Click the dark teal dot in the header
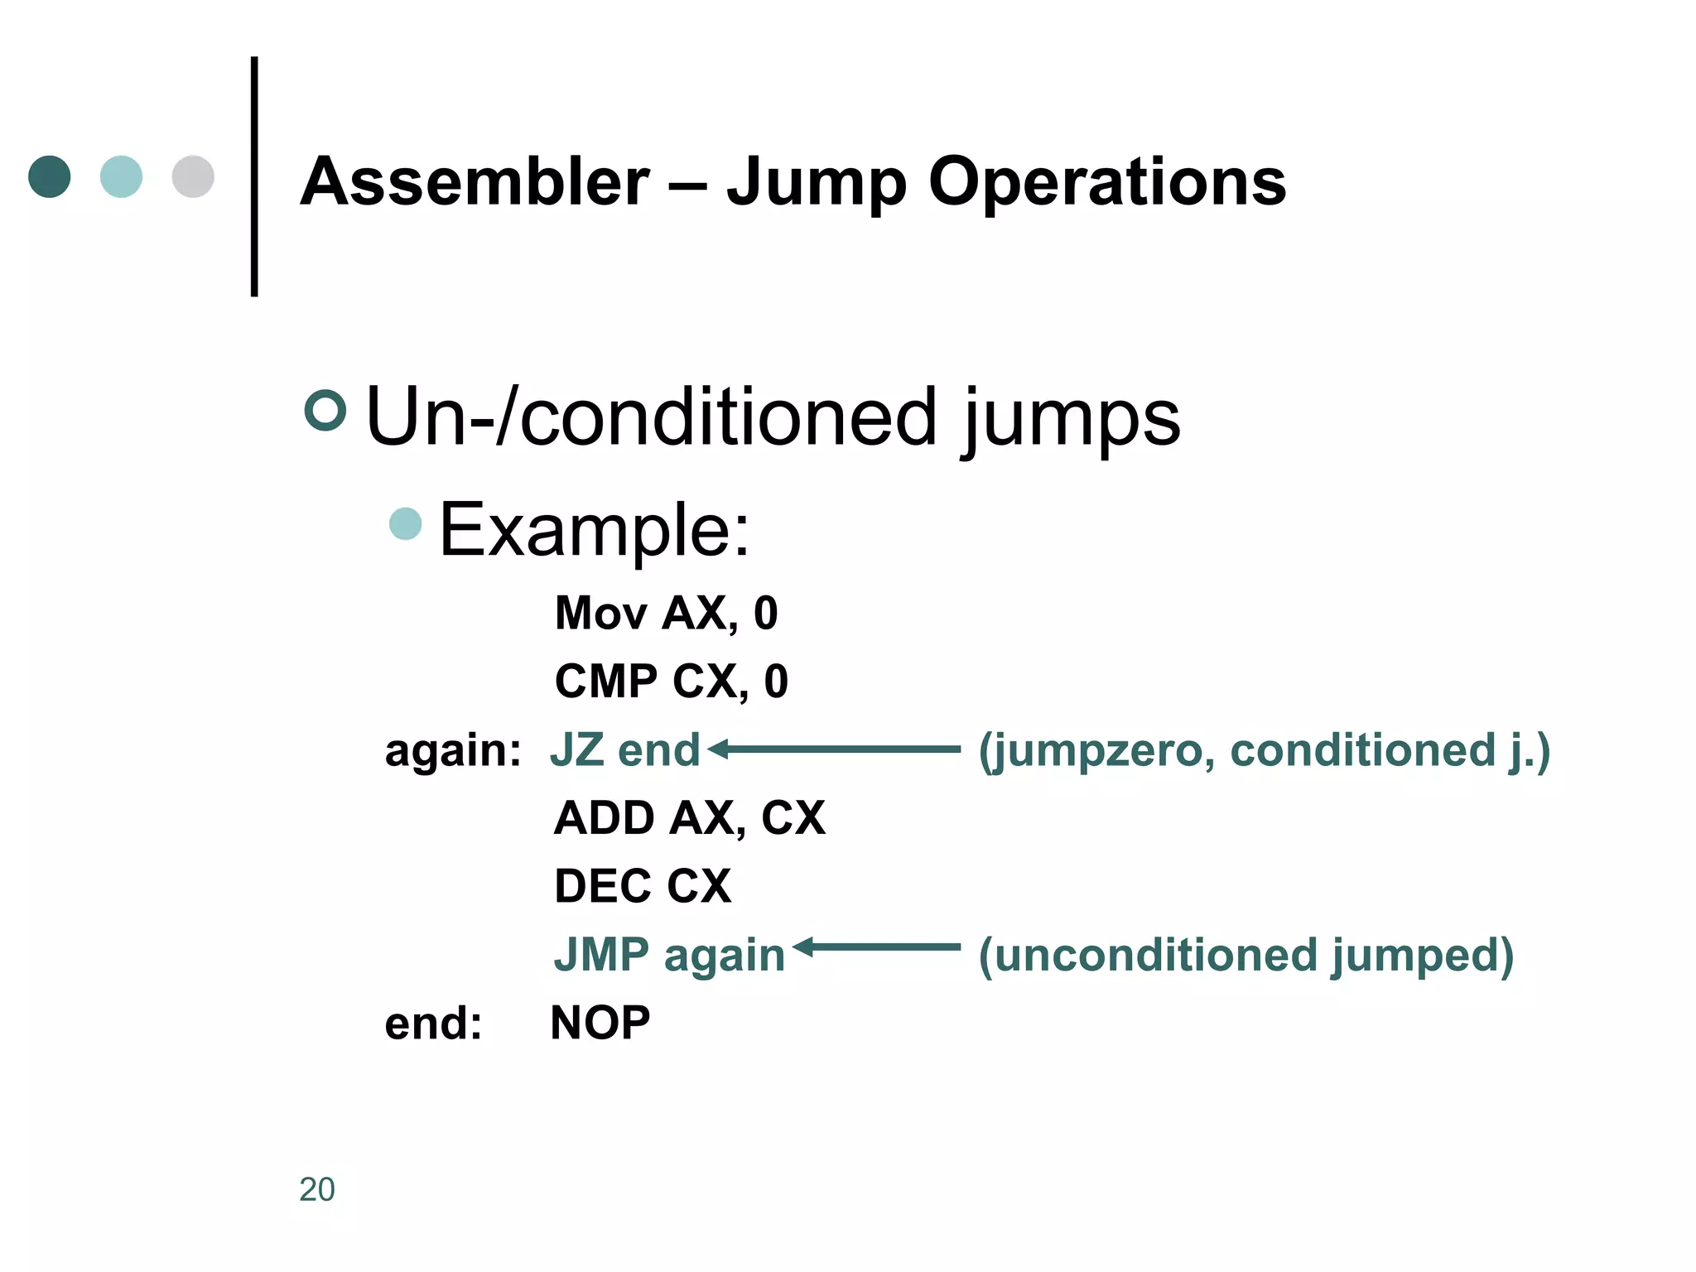[x=50, y=176]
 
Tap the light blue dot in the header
[x=121, y=176]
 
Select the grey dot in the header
[x=193, y=176]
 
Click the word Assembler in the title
[x=475, y=181]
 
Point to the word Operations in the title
[x=1106, y=181]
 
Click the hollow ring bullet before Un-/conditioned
[x=325, y=410]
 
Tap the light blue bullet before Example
[x=406, y=523]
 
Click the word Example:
[x=594, y=529]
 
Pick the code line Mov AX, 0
[x=666, y=614]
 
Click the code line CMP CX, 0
[x=671, y=682]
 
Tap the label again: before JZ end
[x=453, y=750]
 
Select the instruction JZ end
[x=625, y=750]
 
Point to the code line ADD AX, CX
[x=689, y=818]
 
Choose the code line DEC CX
[x=643, y=886]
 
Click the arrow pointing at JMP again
[x=876, y=947]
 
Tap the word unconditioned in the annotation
[x=1156, y=955]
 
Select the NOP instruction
[x=600, y=1023]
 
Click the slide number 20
[x=316, y=1189]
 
